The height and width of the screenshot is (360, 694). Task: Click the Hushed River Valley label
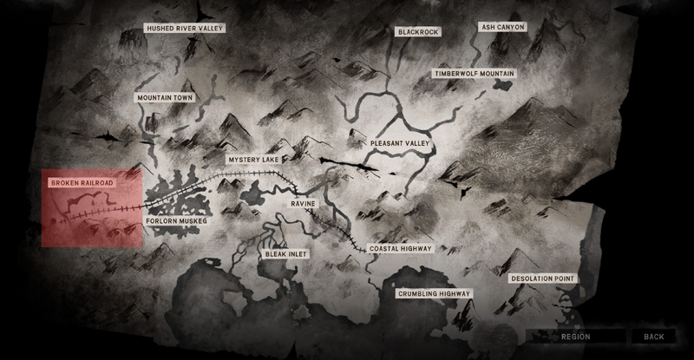(186, 29)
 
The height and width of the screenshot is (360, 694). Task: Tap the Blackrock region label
(418, 32)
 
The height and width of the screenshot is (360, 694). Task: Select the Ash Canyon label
(503, 27)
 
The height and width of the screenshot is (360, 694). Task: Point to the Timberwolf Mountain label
(475, 75)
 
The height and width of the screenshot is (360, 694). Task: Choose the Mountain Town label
(165, 98)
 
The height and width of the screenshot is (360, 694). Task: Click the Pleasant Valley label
(401, 142)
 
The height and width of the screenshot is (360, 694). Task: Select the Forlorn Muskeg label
(177, 221)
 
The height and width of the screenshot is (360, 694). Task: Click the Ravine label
(303, 203)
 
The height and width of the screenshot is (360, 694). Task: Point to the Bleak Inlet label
(286, 254)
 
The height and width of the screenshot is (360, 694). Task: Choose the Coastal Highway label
(401, 249)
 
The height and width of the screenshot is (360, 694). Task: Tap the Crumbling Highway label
(435, 294)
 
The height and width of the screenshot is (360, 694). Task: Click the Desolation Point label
(542, 278)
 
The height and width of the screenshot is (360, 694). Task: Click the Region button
(575, 337)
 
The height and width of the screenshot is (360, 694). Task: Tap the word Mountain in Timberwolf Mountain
(494, 75)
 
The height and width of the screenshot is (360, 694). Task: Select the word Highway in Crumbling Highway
(455, 294)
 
